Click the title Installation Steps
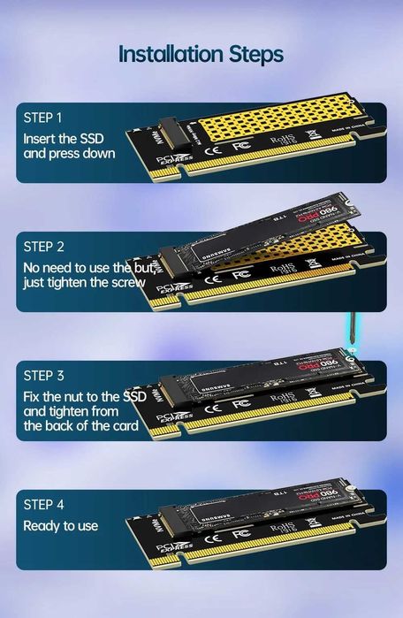201,55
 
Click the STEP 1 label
43,118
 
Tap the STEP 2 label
44,247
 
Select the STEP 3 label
44,376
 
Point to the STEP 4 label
44,505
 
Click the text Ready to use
60,526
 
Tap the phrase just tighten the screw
84,283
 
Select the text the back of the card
81,426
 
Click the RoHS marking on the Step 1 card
282,140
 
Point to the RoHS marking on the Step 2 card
282,268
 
